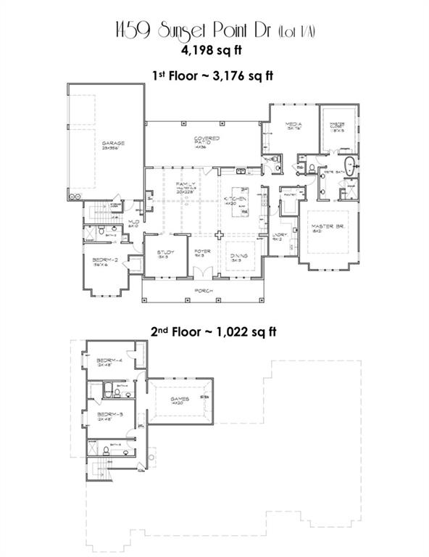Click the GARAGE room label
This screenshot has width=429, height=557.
pos(113,144)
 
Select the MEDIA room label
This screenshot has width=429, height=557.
pos(293,125)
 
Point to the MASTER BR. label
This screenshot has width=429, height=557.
pos(327,226)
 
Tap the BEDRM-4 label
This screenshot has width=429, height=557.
pos(107,360)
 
